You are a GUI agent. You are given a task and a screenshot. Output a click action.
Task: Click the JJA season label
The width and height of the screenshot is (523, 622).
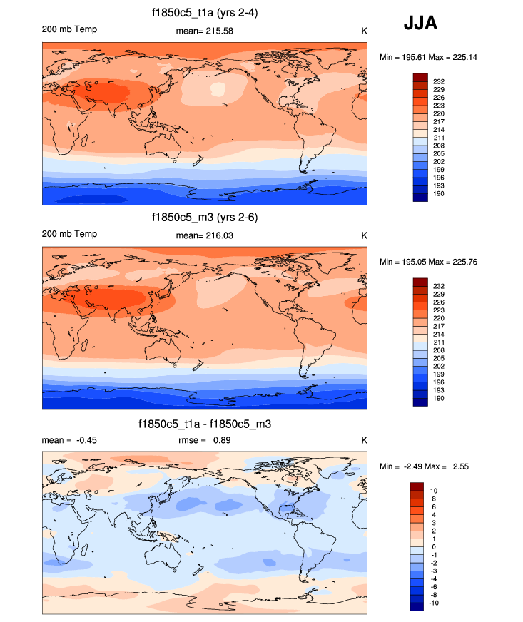pyautogui.click(x=420, y=23)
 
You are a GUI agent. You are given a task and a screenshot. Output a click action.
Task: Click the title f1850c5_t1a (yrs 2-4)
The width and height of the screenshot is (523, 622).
pyautogui.click(x=205, y=13)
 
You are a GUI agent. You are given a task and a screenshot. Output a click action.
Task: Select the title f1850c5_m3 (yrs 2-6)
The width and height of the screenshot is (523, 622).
pyautogui.click(x=205, y=217)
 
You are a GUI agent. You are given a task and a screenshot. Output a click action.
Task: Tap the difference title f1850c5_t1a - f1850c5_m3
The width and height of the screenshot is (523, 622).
pyautogui.click(x=205, y=424)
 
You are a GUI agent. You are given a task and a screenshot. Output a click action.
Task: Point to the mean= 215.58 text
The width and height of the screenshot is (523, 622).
pyautogui.click(x=204, y=31)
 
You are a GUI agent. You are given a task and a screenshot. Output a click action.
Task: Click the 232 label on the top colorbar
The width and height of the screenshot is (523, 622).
pyautogui.click(x=440, y=81)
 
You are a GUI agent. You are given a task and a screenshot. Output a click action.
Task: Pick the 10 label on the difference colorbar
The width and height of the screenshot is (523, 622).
pyautogui.click(x=435, y=491)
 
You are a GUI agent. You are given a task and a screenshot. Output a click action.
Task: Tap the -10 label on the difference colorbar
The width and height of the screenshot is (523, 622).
pyautogui.click(x=434, y=602)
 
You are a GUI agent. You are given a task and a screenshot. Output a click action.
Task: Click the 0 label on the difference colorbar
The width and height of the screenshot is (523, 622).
pyautogui.click(x=434, y=546)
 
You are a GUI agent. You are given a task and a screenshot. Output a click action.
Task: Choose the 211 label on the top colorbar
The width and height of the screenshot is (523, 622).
pyautogui.click(x=440, y=138)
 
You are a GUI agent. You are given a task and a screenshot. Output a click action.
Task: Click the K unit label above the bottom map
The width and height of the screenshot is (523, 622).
pyautogui.click(x=364, y=440)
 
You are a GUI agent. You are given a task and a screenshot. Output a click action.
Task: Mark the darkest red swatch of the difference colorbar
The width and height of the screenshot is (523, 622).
pyautogui.click(x=418, y=486)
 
